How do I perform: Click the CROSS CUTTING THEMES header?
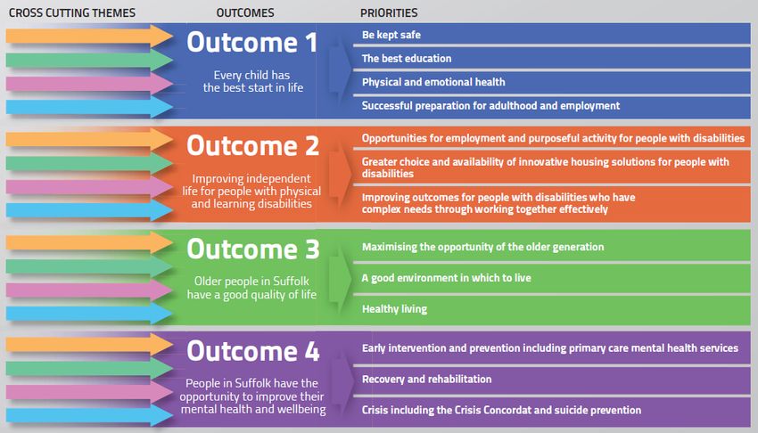72,13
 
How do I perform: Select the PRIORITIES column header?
389,13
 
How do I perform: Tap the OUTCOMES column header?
245,13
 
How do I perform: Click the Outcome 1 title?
251,43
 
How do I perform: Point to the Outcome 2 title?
253,146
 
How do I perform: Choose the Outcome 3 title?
253,249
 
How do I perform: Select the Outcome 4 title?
253,351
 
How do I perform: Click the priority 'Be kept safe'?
391,35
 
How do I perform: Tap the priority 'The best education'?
407,59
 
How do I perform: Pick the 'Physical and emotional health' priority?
433,82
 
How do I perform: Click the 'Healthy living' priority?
394,309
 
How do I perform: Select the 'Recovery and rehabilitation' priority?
427,379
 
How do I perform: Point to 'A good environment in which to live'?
446,278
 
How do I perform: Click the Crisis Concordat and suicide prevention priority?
502,410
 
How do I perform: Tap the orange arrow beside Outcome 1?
89,37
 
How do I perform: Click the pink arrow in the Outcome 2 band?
89,187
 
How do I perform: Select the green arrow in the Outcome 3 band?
89,266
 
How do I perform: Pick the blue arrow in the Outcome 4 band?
89,414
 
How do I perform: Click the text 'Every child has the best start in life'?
253,81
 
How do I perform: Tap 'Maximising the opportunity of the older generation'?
483,247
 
